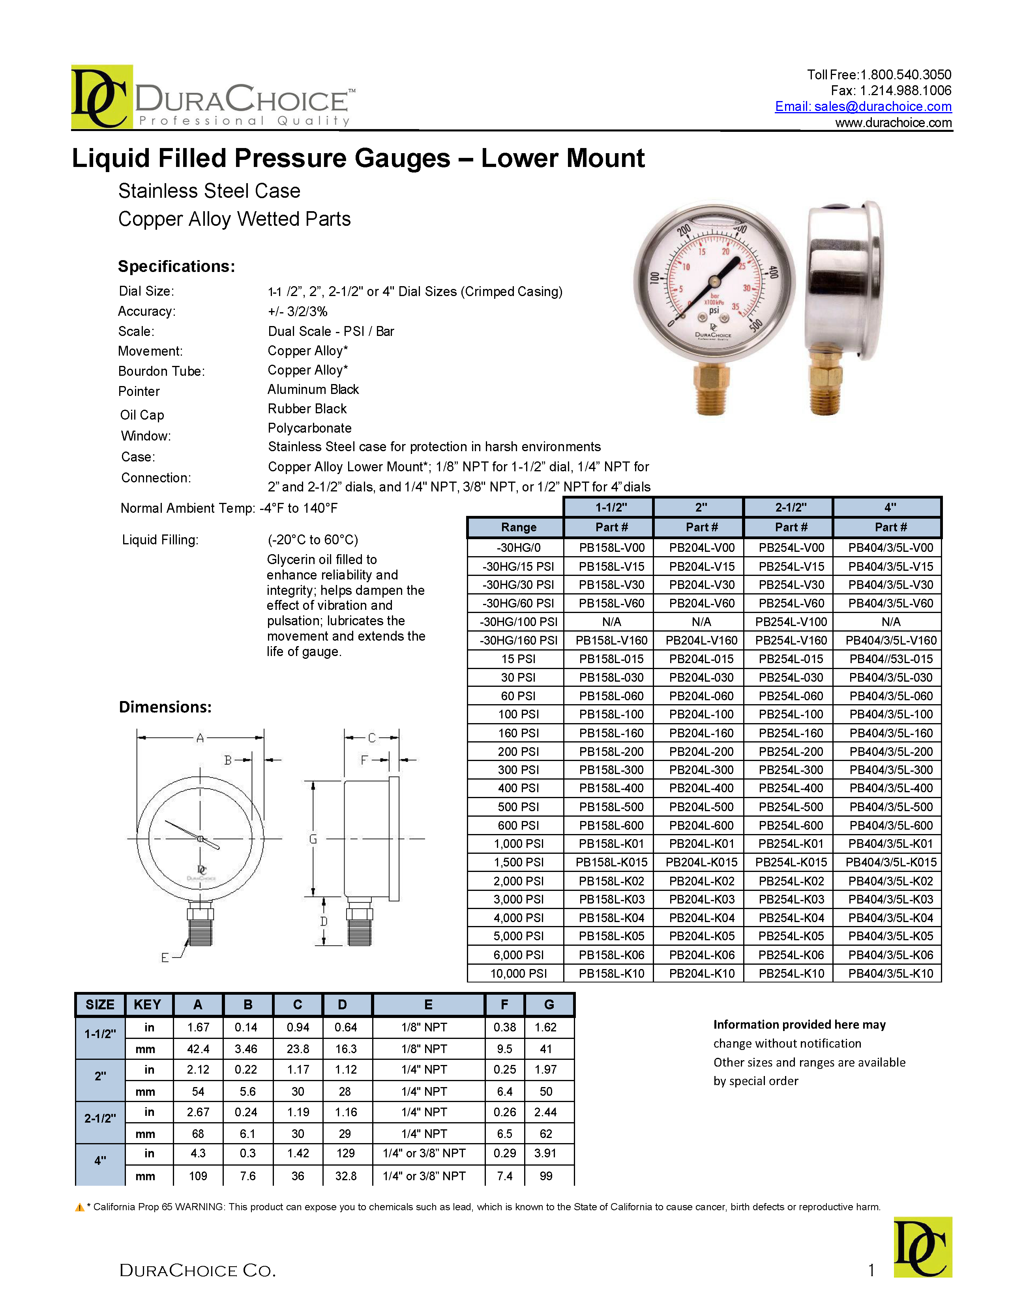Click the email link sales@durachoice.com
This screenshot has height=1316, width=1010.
tap(863, 107)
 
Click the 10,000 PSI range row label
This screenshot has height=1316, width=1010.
tap(518, 973)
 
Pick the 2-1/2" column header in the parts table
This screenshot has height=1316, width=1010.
tap(791, 507)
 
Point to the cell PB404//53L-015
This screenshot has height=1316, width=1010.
tap(890, 659)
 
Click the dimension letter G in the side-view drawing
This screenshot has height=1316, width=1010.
tap(313, 839)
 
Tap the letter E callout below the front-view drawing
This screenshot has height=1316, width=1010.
tap(165, 958)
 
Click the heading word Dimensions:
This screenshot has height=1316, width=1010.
tap(165, 707)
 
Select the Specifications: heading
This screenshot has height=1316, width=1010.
tap(176, 266)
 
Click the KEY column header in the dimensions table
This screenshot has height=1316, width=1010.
tap(147, 1005)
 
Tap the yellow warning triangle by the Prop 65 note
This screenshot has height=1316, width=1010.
tap(79, 1207)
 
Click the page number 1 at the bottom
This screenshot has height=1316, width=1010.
tap(871, 1270)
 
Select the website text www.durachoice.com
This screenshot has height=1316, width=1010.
tap(893, 123)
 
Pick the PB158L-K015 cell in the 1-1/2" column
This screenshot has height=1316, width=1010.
tap(611, 862)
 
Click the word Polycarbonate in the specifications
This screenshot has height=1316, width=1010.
tap(309, 428)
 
